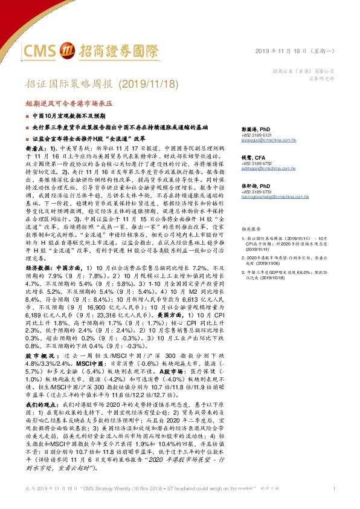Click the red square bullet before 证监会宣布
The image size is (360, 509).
[x=27, y=139]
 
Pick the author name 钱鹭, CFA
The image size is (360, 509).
[x=256, y=157]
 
